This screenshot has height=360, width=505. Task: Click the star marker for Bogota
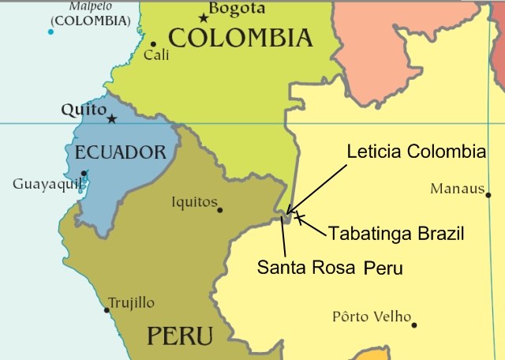click(204, 17)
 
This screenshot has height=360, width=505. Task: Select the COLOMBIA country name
click(241, 38)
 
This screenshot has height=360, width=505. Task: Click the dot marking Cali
click(153, 44)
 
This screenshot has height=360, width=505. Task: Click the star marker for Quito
click(112, 119)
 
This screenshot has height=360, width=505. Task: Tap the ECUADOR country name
click(120, 152)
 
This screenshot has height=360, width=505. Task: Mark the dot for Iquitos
click(220, 210)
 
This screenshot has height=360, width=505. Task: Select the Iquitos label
click(194, 202)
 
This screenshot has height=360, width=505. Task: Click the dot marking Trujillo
click(107, 309)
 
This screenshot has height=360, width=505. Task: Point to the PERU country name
click(179, 336)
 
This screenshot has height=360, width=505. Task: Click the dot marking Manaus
click(488, 195)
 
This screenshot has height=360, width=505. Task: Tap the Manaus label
click(456, 189)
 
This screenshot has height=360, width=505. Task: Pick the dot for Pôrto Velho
click(413, 324)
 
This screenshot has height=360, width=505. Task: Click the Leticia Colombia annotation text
click(416, 152)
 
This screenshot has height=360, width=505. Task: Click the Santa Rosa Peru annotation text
click(330, 268)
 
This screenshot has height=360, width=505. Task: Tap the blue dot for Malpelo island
click(50, 32)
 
